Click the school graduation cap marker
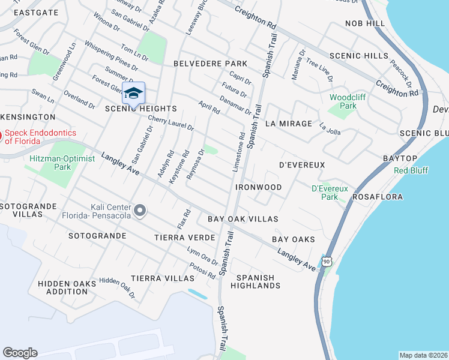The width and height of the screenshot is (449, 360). click(x=134, y=94)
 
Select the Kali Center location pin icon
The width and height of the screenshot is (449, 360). click(x=140, y=210)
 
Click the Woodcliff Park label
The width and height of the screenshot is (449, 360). click(x=343, y=101)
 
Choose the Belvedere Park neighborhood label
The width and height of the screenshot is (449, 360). click(x=210, y=63)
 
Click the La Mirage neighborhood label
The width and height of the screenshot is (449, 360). click(x=289, y=124)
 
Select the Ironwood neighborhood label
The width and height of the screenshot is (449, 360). click(x=259, y=187)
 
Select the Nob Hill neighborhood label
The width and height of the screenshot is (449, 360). click(x=364, y=23)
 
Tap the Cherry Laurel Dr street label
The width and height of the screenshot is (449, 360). click(x=171, y=122)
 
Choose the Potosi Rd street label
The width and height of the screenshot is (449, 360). click(x=201, y=271)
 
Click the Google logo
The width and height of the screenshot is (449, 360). click(x=20, y=353)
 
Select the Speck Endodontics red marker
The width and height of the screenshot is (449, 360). click(x=1, y=135)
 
